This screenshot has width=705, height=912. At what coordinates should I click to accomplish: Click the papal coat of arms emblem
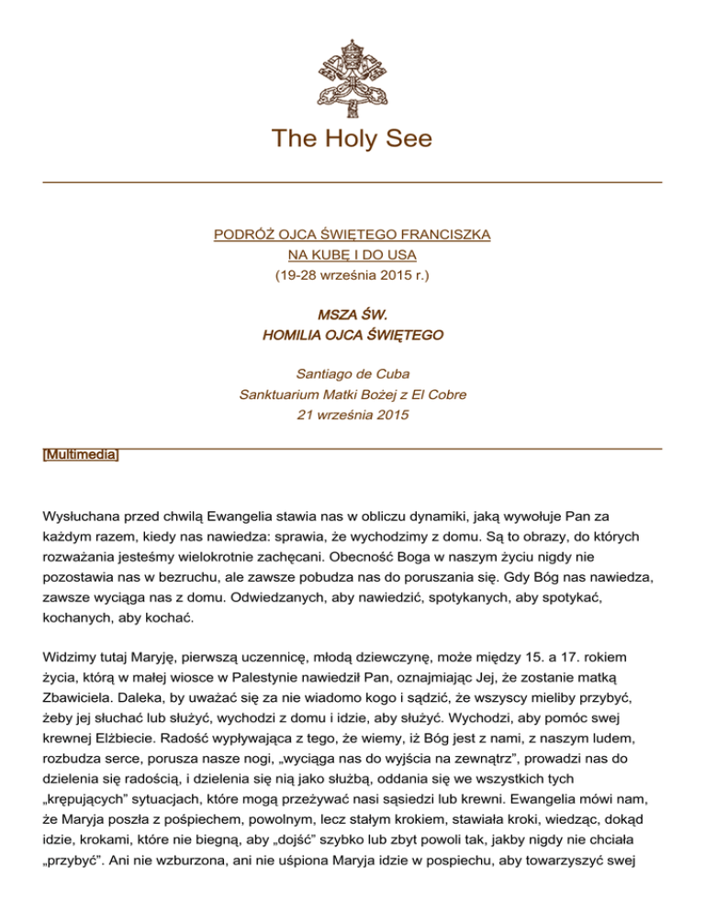coord(352,77)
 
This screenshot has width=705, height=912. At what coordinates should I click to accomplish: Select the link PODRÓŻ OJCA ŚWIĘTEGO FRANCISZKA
coord(352,234)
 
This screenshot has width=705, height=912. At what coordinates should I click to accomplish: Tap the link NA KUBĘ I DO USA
coord(352,254)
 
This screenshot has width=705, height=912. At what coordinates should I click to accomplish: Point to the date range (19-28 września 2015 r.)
coord(352,274)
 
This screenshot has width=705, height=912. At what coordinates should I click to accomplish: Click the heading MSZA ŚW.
coord(352,316)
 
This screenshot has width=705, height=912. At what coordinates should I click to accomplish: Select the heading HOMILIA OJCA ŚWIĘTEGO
coord(352,336)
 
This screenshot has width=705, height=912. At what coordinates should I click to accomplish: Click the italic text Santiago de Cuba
coord(352,374)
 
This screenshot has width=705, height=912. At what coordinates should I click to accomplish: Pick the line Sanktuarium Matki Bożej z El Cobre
coord(352,395)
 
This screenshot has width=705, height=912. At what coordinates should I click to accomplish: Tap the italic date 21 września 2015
coord(352,415)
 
